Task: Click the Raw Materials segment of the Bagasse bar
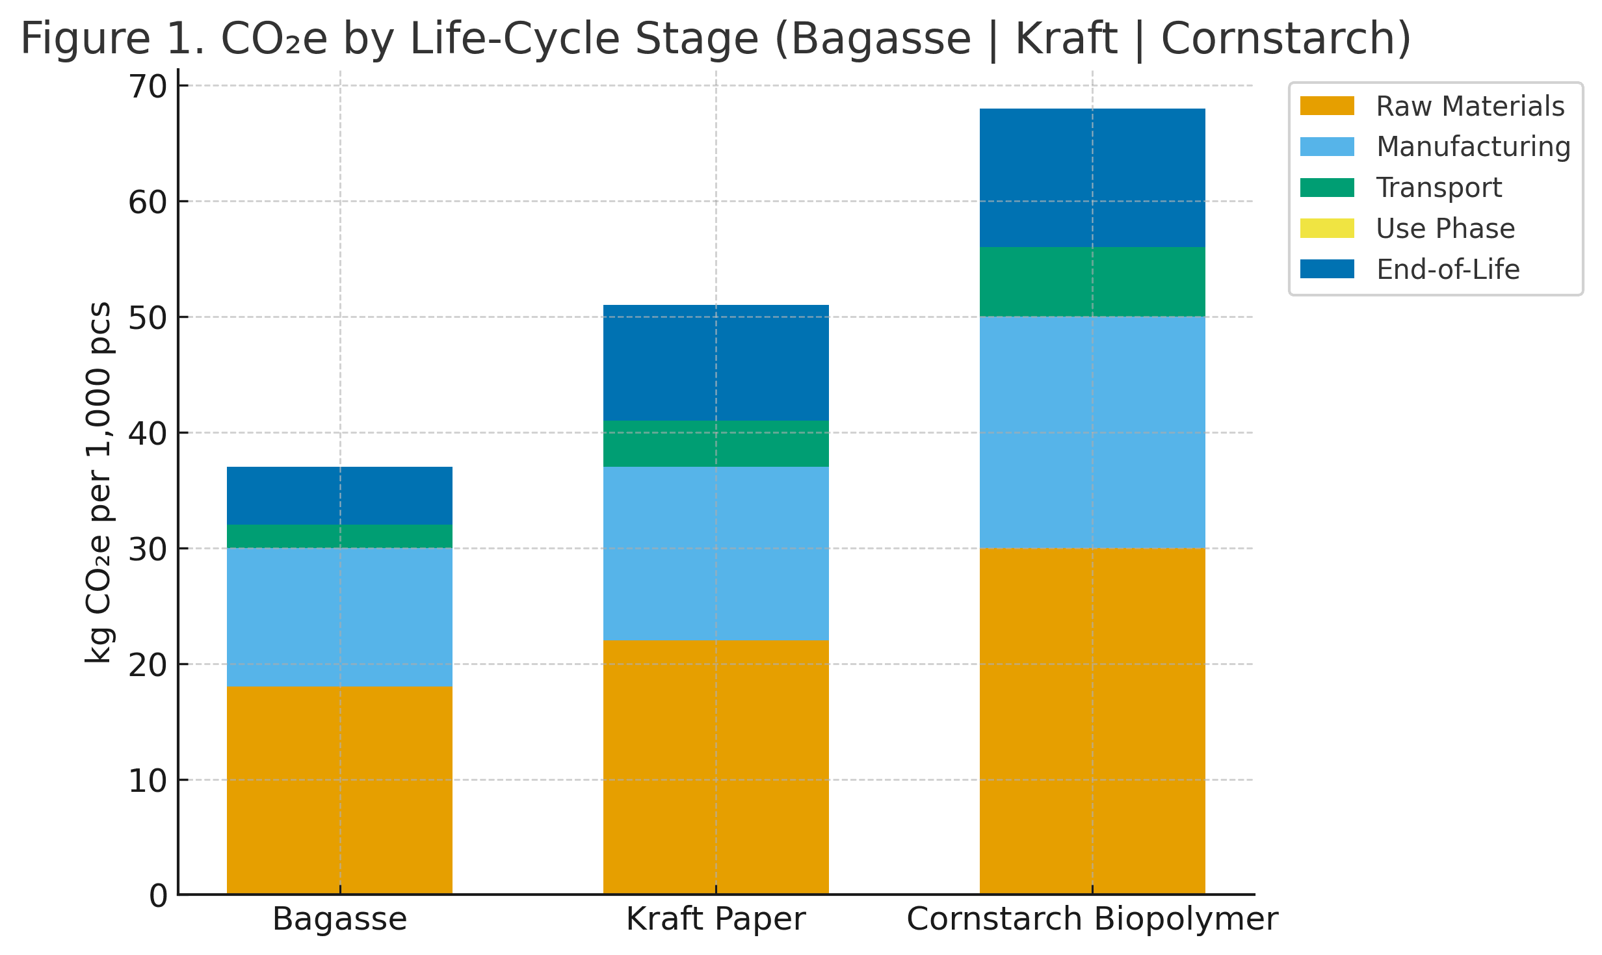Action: pos(339,790)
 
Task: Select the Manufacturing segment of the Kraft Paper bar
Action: pos(715,554)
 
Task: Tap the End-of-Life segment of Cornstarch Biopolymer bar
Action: pos(1092,177)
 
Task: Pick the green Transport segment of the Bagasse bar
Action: pos(339,536)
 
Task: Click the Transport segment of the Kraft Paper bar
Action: pos(715,444)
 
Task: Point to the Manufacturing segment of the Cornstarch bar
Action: pos(1092,432)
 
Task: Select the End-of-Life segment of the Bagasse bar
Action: pos(339,495)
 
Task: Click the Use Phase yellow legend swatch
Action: pos(1327,228)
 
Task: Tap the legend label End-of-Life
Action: pos(1448,269)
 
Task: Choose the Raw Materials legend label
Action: pos(1470,106)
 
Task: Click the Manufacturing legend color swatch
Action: pos(1327,147)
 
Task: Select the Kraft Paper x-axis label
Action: pos(715,919)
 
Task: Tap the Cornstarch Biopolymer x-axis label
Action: pos(1092,919)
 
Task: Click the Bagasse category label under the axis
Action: pos(339,919)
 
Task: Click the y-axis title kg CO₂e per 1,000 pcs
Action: pos(99,482)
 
